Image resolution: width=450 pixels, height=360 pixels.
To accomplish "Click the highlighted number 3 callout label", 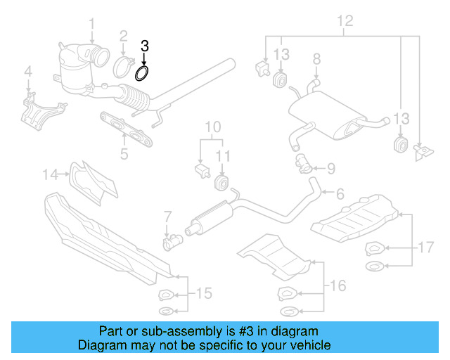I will pyautogui.click(x=145, y=46).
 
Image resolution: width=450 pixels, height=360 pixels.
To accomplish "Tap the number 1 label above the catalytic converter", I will pyautogui.click(x=91, y=27).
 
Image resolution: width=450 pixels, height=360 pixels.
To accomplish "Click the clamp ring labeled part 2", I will pyautogui.click(x=124, y=67).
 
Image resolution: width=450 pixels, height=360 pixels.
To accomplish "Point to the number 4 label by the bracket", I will pyautogui.click(x=28, y=71).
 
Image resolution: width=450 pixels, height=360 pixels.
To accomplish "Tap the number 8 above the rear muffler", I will pyautogui.click(x=316, y=58).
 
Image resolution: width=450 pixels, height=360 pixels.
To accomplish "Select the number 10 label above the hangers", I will pyautogui.click(x=212, y=127).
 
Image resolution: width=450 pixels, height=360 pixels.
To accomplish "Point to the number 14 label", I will pyautogui.click(x=51, y=173).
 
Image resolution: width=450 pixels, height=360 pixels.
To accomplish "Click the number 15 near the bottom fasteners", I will pyautogui.click(x=202, y=292).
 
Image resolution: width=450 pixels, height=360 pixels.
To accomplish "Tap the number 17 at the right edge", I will pyautogui.click(x=425, y=247).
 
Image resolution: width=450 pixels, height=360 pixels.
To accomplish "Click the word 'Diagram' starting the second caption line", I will pyautogui.click(x=100, y=345).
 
